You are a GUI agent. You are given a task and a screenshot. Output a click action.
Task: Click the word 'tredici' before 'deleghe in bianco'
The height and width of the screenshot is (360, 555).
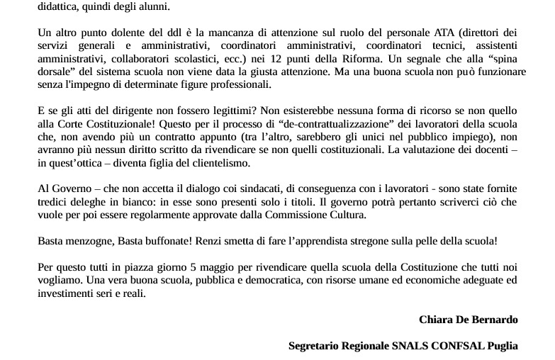pyautogui.click(x=51, y=201)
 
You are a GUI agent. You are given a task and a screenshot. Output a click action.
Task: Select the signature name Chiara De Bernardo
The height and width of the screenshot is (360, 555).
pyautogui.click(x=468, y=319)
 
